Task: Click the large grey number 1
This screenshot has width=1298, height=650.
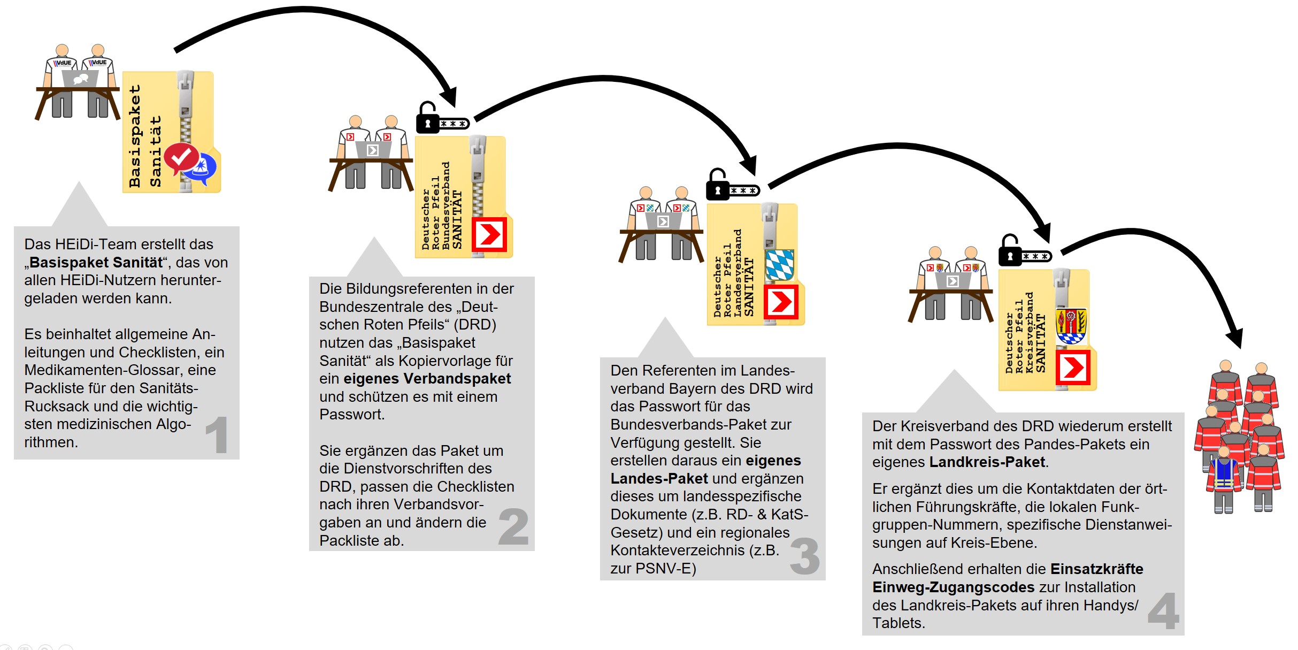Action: (x=217, y=435)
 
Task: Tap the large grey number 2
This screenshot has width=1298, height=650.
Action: (x=513, y=527)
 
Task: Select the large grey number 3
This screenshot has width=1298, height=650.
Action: (x=804, y=556)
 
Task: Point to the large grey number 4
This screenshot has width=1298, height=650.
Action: (x=1163, y=611)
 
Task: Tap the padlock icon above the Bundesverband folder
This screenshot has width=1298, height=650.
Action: (x=427, y=118)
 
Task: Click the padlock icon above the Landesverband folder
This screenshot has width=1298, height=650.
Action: (x=718, y=185)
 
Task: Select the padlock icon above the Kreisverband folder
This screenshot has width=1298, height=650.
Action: (x=1010, y=251)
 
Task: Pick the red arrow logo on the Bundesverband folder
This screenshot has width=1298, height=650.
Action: (x=489, y=234)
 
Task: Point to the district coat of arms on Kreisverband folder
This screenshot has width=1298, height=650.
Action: (x=1071, y=325)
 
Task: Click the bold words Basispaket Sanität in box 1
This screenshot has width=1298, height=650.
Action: (x=96, y=263)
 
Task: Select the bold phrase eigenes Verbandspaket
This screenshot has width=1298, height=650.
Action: (x=427, y=379)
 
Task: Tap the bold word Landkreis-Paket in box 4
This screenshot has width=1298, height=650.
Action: (x=987, y=462)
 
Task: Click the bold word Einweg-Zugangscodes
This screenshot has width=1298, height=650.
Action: (x=953, y=587)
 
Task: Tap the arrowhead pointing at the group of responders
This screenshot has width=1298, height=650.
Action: (x=1235, y=339)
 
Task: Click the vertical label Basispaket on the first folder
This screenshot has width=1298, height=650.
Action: (x=135, y=136)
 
